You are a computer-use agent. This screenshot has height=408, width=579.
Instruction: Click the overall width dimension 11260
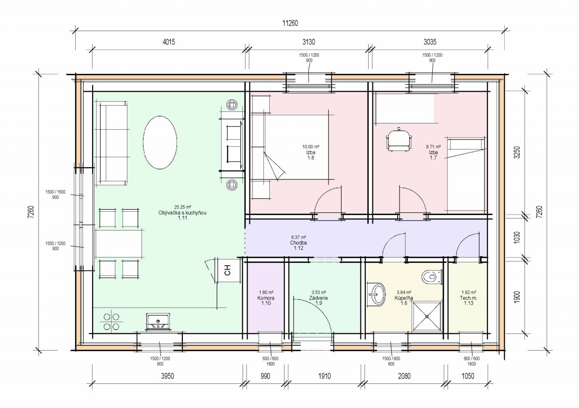click(x=290, y=23)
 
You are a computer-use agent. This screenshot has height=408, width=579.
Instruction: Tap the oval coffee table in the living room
click(x=160, y=143)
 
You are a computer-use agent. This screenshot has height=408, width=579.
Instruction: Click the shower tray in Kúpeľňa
click(x=427, y=316)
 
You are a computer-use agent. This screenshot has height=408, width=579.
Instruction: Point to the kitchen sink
click(x=158, y=322)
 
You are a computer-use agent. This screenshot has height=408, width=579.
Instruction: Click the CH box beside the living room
click(x=228, y=270)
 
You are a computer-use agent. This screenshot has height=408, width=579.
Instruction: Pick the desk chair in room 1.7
click(x=399, y=139)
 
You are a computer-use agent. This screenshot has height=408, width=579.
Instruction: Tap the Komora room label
click(x=266, y=298)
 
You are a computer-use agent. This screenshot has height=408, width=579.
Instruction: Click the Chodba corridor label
click(x=298, y=243)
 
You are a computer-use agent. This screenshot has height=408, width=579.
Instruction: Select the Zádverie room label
click(x=318, y=298)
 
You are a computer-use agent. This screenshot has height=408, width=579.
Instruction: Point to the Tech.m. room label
click(x=469, y=298)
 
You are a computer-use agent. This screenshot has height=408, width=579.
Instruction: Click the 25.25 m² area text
click(x=182, y=207)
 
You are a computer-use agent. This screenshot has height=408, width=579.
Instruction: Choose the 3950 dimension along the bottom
click(x=167, y=376)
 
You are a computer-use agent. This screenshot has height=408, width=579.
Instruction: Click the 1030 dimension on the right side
click(x=517, y=237)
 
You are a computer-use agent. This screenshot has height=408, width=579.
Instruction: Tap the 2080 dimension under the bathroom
click(x=404, y=376)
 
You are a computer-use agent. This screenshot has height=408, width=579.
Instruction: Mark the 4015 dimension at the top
click(x=169, y=41)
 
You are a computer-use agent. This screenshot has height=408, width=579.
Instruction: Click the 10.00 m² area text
click(x=311, y=147)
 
